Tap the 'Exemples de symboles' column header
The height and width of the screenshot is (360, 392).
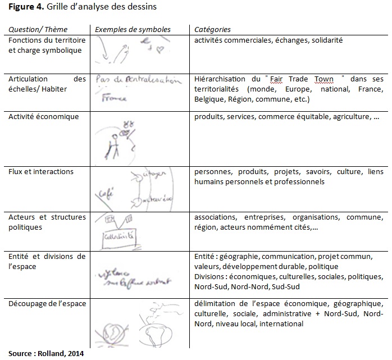133,29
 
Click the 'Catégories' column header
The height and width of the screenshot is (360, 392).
212,29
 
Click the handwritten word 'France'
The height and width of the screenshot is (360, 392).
114,98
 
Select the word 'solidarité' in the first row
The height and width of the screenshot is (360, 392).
325,40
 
